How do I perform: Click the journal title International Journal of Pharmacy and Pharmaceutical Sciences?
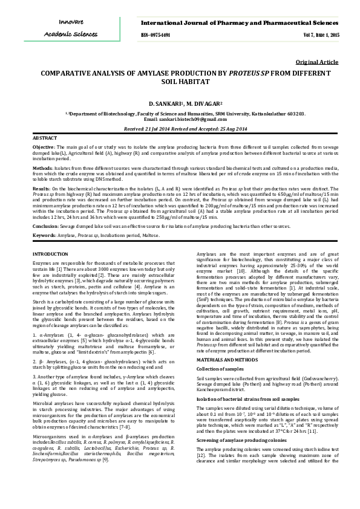coord(240,22)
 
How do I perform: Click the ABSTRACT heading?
coord(42,138)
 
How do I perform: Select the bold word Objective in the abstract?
coord(42,147)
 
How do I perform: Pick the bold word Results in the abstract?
coord(41,189)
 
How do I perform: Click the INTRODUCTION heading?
coord(50,254)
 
